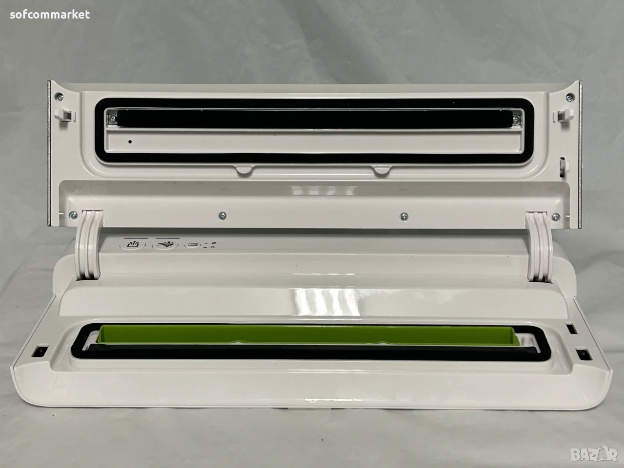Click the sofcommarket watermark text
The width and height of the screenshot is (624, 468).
[x=50, y=14]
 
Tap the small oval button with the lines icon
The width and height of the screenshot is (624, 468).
[x=193, y=244]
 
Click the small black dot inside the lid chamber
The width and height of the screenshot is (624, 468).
[x=130, y=141]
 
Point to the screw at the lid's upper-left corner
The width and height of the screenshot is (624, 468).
[x=59, y=97]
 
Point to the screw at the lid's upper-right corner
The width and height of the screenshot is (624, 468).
[x=569, y=97]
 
